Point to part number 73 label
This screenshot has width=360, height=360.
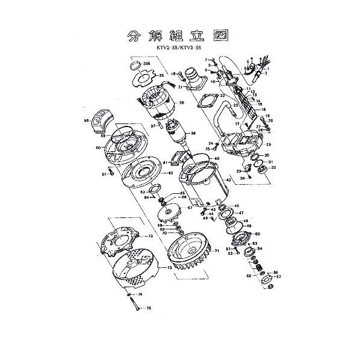tap(169, 267)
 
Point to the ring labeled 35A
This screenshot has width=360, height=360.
tap(137, 64)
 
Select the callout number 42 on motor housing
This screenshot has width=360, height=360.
tap(228, 180)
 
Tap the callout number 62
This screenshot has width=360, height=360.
tap(171, 173)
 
